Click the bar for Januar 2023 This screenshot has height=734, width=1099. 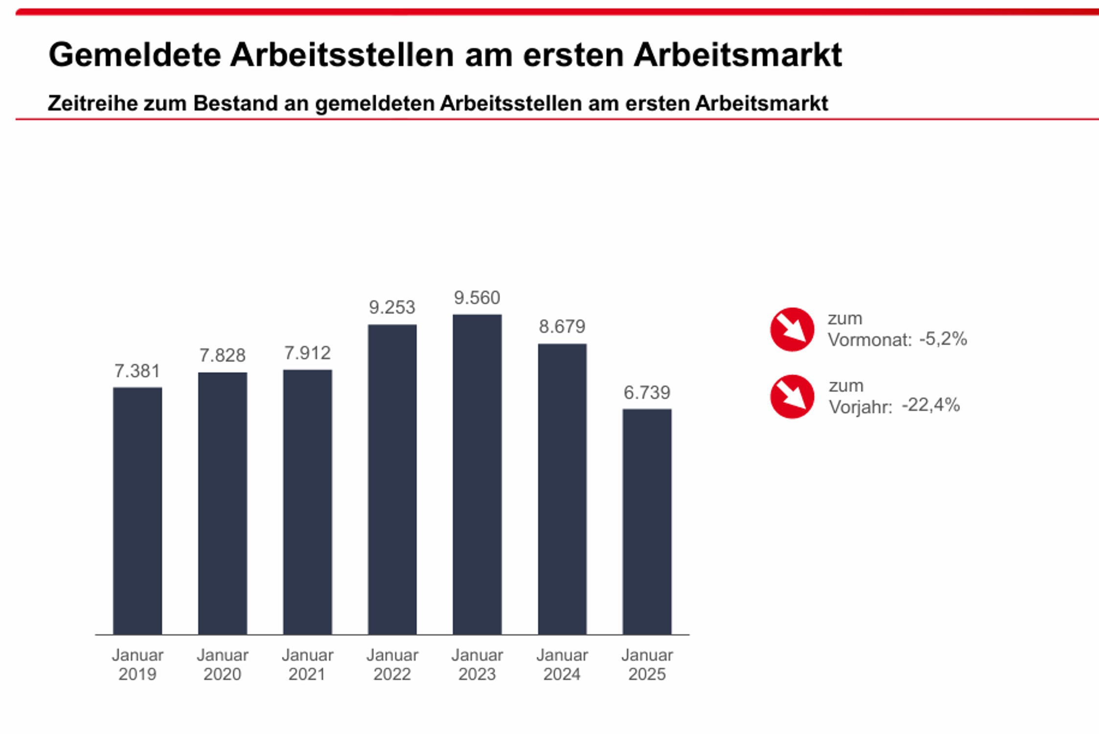pos(477,474)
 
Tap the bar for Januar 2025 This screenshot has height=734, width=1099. pos(647,521)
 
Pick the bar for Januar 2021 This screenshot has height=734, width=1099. pos(307,502)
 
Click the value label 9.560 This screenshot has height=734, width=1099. pos(477,298)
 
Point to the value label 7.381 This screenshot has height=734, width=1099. pos(137,371)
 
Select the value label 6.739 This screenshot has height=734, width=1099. pos(647,392)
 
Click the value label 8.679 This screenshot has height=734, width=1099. pos(562,326)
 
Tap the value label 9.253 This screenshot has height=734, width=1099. pos(392,308)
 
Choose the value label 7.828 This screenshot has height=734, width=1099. pos(222,356)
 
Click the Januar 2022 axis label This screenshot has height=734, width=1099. pos(392,665)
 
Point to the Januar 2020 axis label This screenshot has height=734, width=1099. pos(222,665)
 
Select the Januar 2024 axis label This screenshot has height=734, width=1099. pos(562,665)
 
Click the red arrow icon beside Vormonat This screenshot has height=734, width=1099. pos(792,329)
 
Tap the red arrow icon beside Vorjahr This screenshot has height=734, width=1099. pos(792,396)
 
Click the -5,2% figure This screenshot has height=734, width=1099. pos(943,339)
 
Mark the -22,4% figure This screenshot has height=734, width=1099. pos(931,405)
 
